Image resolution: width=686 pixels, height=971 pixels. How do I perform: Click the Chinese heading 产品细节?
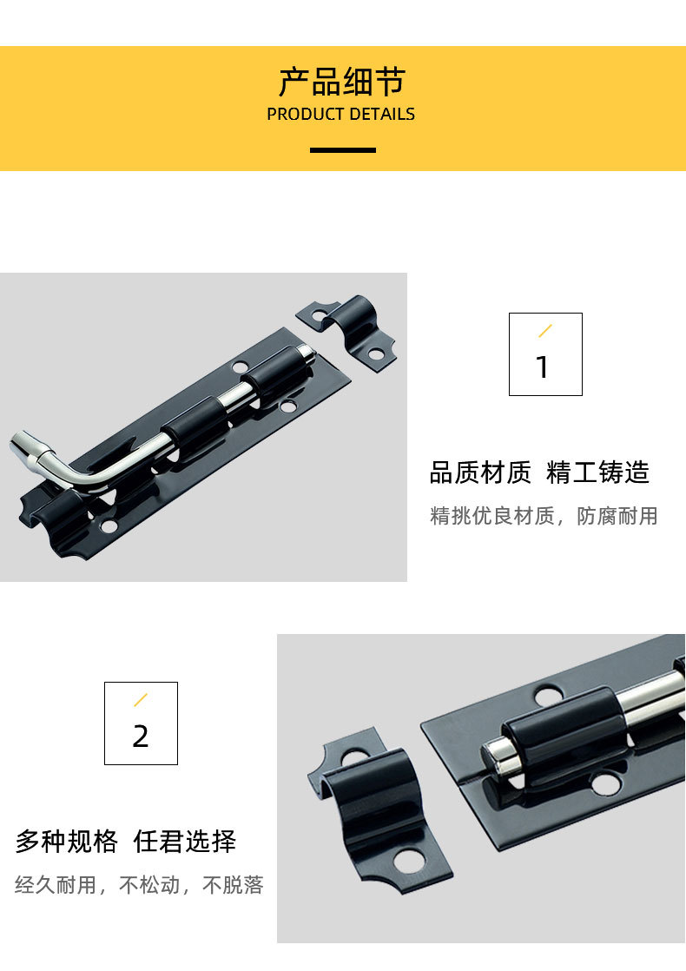pos(342,82)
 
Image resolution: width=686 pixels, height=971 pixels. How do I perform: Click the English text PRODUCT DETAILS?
pos(340,115)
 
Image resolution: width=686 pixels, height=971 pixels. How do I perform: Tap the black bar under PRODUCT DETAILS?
pos(343,150)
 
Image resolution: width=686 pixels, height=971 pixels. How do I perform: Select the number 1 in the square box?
pos(543,367)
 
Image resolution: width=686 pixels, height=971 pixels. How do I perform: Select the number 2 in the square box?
pos(141,737)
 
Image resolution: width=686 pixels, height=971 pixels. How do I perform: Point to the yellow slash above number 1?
pos(544,331)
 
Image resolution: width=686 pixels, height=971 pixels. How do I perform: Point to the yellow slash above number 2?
pos(141,700)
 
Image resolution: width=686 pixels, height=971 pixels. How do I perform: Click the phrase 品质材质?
pos(480,472)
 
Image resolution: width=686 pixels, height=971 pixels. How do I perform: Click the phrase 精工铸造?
pos(597,472)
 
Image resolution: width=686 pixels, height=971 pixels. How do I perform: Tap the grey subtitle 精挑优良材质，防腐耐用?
pos(544,515)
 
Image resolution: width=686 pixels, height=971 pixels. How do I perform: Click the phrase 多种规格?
pos(66,842)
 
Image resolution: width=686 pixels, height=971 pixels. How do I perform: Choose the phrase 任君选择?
pos(184,842)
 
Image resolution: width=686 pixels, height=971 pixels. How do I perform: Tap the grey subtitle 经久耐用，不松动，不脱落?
pos(139,884)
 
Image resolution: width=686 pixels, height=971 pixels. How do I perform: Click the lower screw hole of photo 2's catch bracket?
pos(409,860)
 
